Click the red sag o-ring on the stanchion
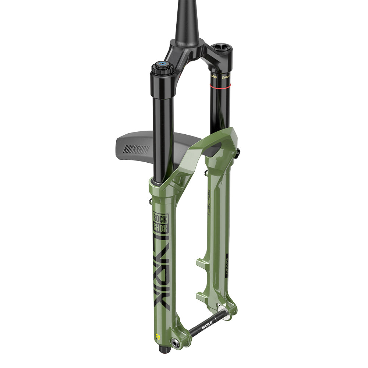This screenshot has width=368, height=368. click(220, 85)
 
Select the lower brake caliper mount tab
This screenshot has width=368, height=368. click(202, 295)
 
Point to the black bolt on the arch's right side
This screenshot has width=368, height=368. click(237, 152)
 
